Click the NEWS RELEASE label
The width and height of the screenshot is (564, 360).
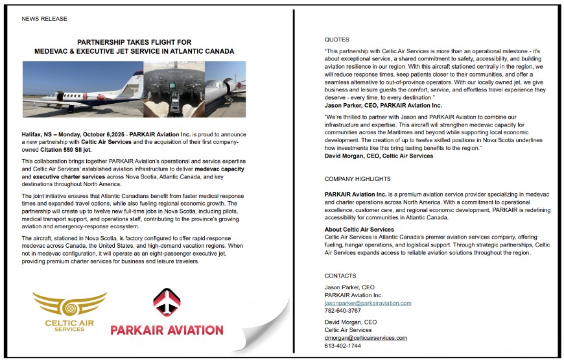point(44,19)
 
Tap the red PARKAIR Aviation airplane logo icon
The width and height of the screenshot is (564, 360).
point(167,302)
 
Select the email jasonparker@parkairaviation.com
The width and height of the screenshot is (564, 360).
point(368,303)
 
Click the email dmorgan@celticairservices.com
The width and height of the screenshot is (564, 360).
point(366,337)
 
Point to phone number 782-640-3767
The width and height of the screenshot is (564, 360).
point(343,311)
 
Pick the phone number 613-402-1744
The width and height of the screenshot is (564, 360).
point(343,346)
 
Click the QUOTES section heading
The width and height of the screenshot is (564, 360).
point(336,40)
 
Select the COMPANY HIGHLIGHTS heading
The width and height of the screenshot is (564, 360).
point(358,179)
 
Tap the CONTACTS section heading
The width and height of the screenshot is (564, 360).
point(340,276)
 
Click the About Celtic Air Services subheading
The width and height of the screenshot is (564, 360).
point(359,229)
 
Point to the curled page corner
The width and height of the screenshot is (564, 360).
point(263,328)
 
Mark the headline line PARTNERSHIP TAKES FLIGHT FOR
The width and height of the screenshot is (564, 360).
point(134,42)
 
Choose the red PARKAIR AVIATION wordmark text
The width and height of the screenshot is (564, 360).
point(167,330)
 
